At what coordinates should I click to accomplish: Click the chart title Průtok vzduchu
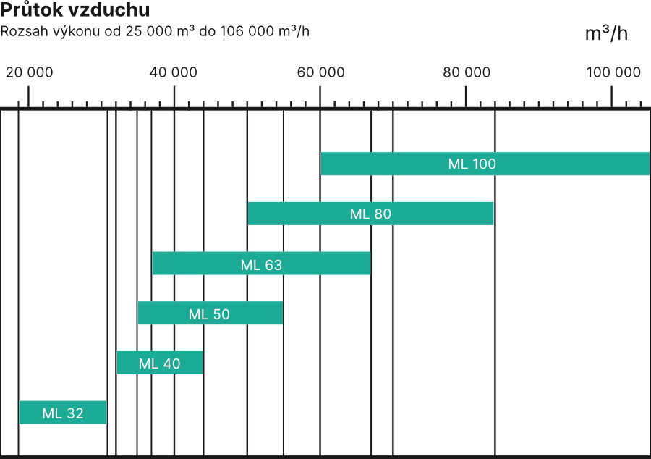75,11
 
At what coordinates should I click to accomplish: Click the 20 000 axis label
30,72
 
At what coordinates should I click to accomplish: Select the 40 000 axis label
174,72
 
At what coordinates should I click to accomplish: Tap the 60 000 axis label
320,72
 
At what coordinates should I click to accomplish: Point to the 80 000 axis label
467,72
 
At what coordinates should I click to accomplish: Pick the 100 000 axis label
613,72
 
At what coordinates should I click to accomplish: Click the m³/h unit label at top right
606,34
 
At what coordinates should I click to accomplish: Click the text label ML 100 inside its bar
472,164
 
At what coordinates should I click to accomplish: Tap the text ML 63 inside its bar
261,265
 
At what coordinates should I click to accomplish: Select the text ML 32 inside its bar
63,413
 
